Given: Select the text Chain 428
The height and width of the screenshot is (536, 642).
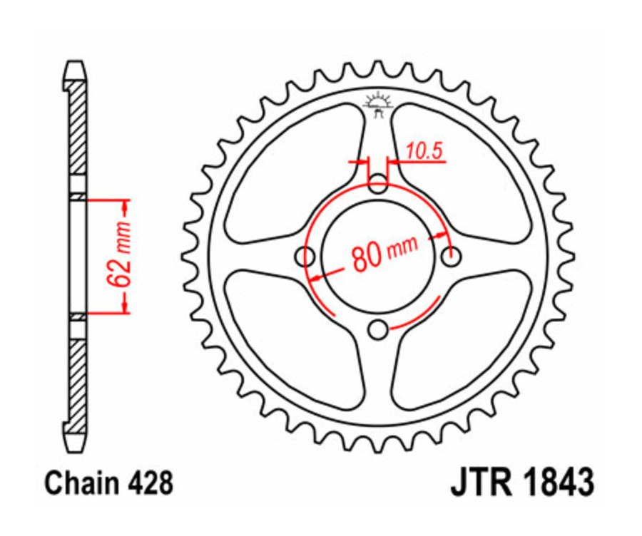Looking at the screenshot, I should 108,483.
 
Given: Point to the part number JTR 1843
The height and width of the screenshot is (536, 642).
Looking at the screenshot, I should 521,483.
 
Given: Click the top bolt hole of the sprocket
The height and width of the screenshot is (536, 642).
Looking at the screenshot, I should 379,186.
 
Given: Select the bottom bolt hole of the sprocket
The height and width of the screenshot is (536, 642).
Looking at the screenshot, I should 379,329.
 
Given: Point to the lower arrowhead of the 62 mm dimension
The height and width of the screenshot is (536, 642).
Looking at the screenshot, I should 126,305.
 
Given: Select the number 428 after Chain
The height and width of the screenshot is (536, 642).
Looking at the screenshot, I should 151,483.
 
